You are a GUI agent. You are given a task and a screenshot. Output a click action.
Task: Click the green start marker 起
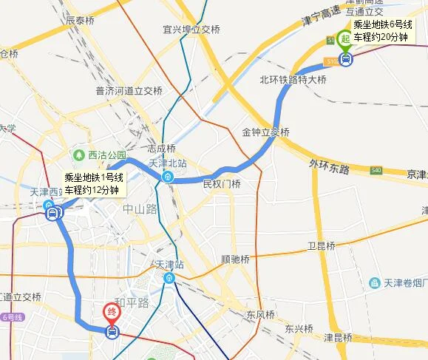[344, 39]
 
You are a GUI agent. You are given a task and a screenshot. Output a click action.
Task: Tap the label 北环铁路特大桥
[293, 79]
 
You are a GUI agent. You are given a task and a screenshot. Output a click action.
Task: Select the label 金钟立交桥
[265, 132]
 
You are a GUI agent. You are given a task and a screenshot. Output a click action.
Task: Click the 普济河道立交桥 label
[129, 91]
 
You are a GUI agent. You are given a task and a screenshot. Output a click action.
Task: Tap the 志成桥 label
[161, 148]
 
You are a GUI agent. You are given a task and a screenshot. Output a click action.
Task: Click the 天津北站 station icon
[169, 177]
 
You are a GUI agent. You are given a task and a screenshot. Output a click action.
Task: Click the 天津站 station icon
[170, 278]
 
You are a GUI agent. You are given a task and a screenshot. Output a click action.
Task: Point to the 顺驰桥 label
[235, 259]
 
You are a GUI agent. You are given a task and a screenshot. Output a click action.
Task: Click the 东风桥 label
[261, 315]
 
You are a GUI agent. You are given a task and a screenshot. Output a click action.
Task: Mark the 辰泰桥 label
[81, 21]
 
